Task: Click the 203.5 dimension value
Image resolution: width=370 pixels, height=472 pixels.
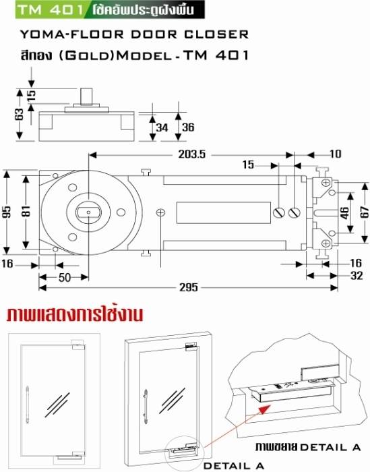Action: pyautogui.click(x=192, y=154)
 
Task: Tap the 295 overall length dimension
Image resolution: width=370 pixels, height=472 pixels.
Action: pyautogui.click(x=189, y=287)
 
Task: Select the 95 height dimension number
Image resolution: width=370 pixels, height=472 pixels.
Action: pyautogui.click(x=7, y=212)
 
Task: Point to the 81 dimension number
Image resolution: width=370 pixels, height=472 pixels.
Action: pyautogui.click(x=26, y=211)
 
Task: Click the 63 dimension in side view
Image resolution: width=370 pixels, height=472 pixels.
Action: pyautogui.click(x=19, y=115)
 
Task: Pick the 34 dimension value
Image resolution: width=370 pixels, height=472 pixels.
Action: pyautogui.click(x=162, y=127)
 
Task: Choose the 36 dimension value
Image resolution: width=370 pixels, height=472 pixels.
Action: pyautogui.click(x=188, y=127)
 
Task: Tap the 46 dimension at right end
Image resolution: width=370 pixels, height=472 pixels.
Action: pyautogui.click(x=345, y=213)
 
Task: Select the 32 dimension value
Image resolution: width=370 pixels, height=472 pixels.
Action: pyautogui.click(x=357, y=275)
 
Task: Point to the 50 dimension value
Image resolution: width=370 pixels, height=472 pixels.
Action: pyautogui.click(x=65, y=278)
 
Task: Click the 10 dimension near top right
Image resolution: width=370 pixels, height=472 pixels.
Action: pyautogui.click(x=336, y=154)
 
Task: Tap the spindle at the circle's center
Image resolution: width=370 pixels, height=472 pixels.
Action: pyautogui.click(x=88, y=212)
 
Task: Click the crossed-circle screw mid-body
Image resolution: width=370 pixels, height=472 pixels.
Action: pyautogui.click(x=161, y=213)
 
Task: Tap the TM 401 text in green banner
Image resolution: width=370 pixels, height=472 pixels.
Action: pyautogui.click(x=51, y=9)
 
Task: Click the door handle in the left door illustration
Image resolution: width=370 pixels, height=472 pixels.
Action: pyautogui.click(x=28, y=405)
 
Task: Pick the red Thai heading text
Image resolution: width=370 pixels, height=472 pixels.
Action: pyautogui.click(x=75, y=315)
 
